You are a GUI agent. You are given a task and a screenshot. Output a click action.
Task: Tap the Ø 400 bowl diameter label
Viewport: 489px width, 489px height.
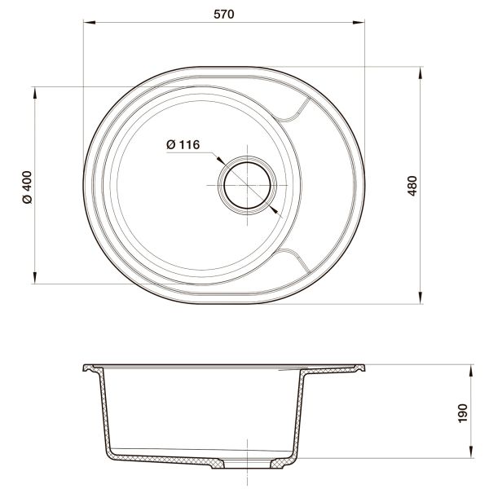27,186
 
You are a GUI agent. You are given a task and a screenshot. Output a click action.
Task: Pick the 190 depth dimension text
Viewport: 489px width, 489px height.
462,413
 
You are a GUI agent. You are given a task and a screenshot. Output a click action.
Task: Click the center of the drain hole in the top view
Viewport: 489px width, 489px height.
245,185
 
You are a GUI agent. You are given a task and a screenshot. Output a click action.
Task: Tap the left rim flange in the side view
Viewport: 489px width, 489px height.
91,369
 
